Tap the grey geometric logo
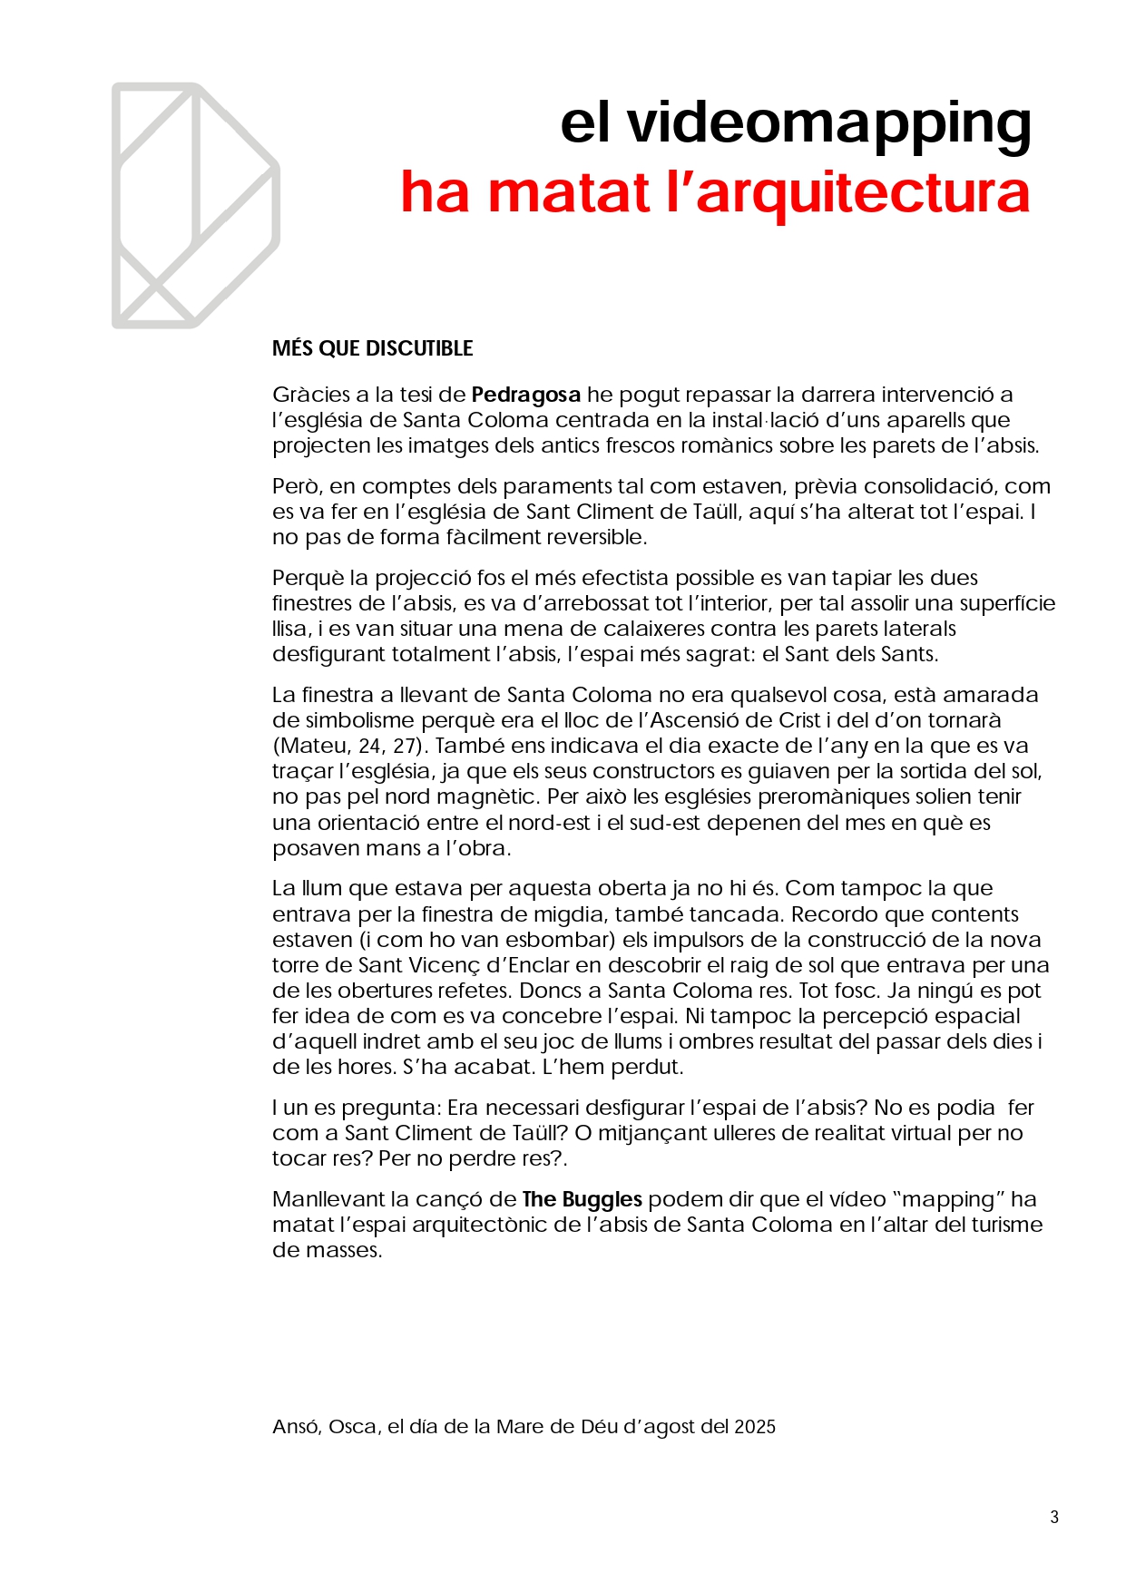coord(195,205)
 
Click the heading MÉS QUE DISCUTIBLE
coord(372,348)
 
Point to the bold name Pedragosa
coord(526,395)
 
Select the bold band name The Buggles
coord(582,1199)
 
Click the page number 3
coord(1053,1517)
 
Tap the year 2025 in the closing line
coord(755,1427)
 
